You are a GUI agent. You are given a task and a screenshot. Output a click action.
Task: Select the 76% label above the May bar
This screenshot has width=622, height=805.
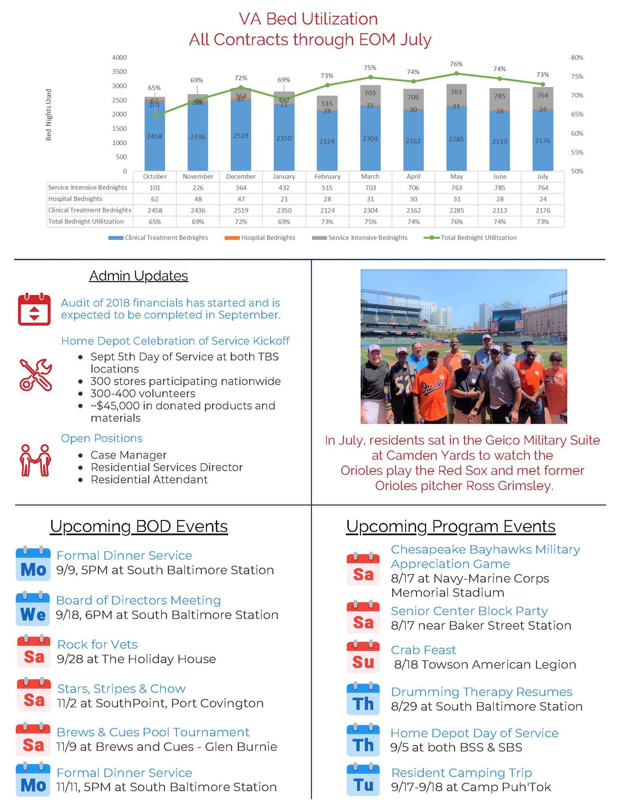[456, 64]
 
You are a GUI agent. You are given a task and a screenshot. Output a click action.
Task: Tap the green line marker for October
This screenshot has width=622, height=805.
[155, 116]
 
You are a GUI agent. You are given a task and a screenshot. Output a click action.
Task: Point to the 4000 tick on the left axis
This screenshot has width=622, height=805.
[119, 57]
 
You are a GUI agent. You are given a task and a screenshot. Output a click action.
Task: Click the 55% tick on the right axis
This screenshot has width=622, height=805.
[577, 152]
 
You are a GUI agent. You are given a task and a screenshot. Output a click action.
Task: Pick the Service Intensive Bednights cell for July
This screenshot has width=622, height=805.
[543, 188]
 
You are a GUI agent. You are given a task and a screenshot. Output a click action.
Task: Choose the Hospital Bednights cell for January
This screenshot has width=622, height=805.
[284, 199]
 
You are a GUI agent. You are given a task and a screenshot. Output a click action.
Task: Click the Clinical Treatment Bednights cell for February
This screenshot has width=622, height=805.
[327, 210]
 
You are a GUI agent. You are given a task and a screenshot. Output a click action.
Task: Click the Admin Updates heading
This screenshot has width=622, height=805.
[139, 276]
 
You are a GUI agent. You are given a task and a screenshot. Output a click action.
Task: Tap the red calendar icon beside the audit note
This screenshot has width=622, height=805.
[34, 309]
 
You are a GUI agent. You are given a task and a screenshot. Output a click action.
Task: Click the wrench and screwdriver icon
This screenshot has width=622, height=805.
[35, 375]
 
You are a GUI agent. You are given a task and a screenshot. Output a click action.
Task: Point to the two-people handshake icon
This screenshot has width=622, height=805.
[35, 460]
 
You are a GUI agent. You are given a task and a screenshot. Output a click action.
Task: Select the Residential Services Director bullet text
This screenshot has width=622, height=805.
[167, 467]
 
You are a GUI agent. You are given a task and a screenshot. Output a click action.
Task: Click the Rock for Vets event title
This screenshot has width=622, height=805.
[97, 644]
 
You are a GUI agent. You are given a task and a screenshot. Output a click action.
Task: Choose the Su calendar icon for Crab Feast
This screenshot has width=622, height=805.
[363, 657]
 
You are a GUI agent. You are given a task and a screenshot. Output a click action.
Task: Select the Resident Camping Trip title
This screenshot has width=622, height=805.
[462, 772]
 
